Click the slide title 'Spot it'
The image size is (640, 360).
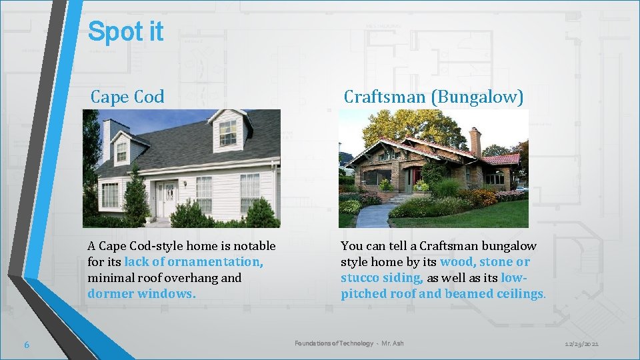tap(125, 31)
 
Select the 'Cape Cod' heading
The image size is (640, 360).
tap(127, 97)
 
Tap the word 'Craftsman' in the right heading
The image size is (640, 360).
tap(384, 97)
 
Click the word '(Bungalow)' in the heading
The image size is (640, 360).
tap(478, 97)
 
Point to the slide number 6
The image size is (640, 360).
tap(26, 344)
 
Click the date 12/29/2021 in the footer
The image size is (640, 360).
tap(581, 343)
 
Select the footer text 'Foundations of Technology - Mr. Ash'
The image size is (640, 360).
tap(349, 343)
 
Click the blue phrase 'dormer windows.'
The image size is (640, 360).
tap(141, 294)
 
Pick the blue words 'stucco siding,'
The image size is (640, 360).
tap(382, 278)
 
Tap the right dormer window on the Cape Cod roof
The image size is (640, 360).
tap(228, 133)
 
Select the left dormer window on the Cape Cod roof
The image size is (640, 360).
tap(121, 152)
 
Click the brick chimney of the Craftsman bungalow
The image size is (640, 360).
tap(475, 141)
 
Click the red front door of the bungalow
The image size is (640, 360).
tap(417, 177)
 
